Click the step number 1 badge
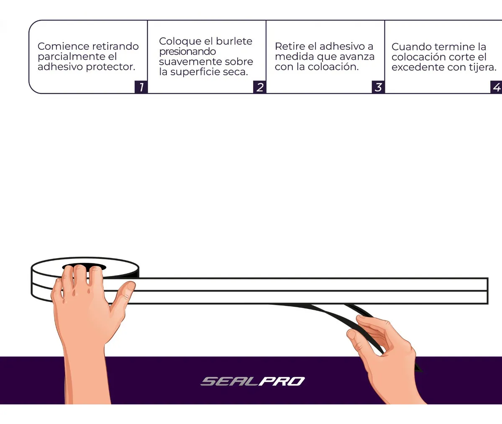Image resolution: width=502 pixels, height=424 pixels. (141, 87)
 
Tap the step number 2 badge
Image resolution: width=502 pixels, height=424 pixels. (259, 87)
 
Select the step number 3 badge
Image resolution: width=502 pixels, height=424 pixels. (378, 87)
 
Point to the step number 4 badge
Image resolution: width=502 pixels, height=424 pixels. (496, 87)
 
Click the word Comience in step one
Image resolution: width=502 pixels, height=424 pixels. (60, 46)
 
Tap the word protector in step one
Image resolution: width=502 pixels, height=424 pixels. (110, 67)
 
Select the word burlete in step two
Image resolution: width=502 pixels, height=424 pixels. (234, 41)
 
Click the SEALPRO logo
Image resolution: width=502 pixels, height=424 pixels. (253, 381)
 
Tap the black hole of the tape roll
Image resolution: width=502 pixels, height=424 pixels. (84, 266)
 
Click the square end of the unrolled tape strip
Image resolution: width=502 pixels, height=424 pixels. (487, 291)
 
